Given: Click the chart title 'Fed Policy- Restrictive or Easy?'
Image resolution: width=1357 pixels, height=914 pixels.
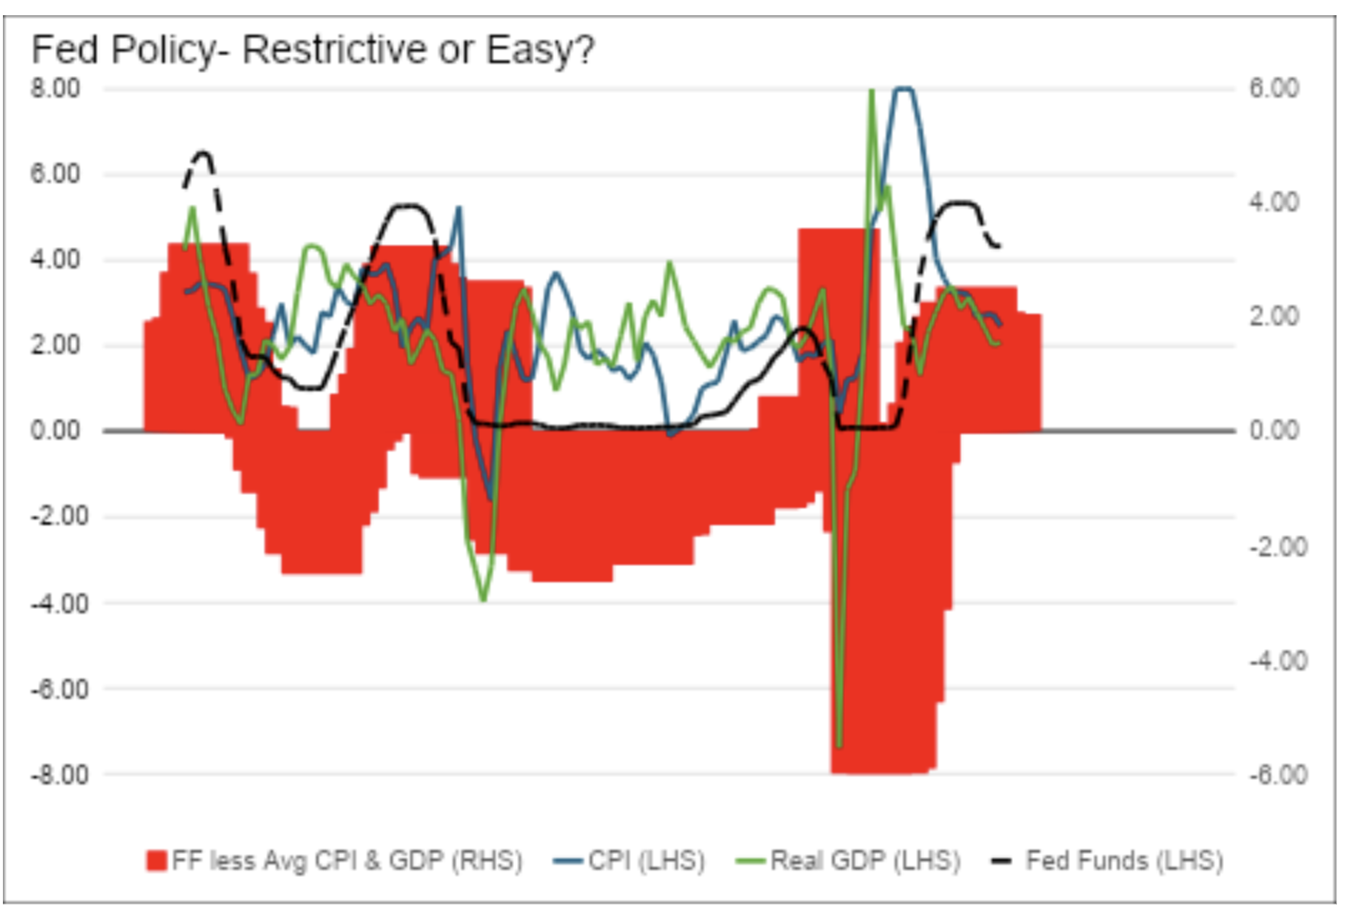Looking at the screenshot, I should tap(313, 49).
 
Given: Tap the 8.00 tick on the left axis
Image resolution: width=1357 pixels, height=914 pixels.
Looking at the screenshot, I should tap(56, 88).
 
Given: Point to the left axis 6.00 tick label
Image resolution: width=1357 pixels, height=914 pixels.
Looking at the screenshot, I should tap(56, 174).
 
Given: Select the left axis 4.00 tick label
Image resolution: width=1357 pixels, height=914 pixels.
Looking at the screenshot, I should tap(56, 259).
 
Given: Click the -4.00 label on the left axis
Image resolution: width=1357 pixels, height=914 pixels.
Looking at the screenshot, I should tap(56, 603).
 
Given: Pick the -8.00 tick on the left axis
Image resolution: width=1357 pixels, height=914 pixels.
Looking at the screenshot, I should tap(56, 774).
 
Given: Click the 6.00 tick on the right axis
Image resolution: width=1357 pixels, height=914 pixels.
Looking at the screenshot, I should tap(1273, 88).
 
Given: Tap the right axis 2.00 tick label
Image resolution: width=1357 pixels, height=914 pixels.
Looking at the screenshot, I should tap(1273, 316).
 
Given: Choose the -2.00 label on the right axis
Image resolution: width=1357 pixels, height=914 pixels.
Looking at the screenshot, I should tap(1277, 546).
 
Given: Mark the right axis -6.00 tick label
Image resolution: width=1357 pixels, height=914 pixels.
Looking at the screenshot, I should tap(1277, 774).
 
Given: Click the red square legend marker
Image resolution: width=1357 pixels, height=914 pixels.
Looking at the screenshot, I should tap(156, 861).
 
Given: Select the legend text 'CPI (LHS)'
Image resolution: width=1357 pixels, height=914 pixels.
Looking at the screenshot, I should tap(646, 861).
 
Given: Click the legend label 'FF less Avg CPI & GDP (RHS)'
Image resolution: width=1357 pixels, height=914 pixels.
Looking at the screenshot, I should tap(347, 861).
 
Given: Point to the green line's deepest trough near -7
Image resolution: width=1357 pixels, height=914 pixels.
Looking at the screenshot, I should tap(838, 744).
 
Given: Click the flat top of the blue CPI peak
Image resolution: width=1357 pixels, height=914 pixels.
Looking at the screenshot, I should tap(903, 89).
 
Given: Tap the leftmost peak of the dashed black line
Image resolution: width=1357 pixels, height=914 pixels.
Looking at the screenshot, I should tap(202, 152).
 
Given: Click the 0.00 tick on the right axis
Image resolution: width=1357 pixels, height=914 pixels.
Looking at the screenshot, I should tap(1273, 430).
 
